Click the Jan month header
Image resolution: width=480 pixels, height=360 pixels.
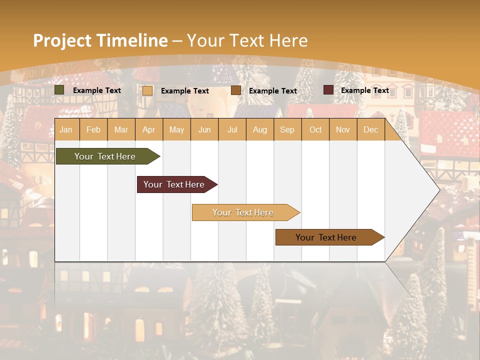point(66,129)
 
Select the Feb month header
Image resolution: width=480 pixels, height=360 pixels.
point(93,129)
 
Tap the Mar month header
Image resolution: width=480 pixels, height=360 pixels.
point(121,129)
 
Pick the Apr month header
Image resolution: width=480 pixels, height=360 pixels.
point(149,129)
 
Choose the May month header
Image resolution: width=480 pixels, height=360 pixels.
point(176,129)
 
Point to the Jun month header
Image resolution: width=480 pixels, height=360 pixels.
point(204,129)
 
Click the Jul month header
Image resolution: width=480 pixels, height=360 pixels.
point(232,129)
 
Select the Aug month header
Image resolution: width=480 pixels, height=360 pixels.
point(260,129)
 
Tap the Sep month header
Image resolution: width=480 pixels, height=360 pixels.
point(287,129)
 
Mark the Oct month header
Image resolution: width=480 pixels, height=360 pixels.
point(315,129)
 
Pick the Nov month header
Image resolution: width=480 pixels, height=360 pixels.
point(343,129)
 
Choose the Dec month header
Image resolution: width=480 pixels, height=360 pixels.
point(371,129)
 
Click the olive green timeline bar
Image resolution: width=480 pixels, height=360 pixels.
point(105,156)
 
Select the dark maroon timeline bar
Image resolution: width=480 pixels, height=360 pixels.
point(174,184)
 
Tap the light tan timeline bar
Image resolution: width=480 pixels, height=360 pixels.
point(243,212)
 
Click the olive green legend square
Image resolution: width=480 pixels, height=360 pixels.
point(59,90)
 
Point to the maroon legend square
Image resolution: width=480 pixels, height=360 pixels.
point(328,90)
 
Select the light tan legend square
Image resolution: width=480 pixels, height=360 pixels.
point(147,90)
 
